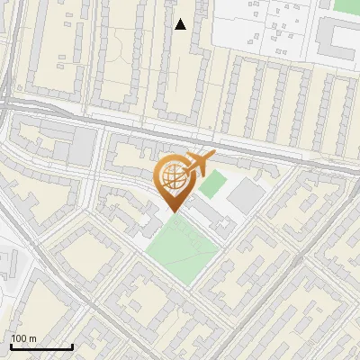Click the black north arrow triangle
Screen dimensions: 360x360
(x=181, y=24)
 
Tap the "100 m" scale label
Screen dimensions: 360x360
(x=24, y=338)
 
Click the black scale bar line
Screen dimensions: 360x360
(x=41, y=346)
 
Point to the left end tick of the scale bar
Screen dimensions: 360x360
(x=11, y=345)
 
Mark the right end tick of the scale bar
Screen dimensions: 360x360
(x=72, y=345)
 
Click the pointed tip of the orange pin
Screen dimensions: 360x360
(x=174, y=212)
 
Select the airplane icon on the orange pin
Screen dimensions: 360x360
(x=197, y=164)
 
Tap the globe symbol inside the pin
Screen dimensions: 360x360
(x=174, y=178)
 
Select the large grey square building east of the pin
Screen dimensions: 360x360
(x=244, y=197)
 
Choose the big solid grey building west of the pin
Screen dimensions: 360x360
(x=83, y=147)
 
